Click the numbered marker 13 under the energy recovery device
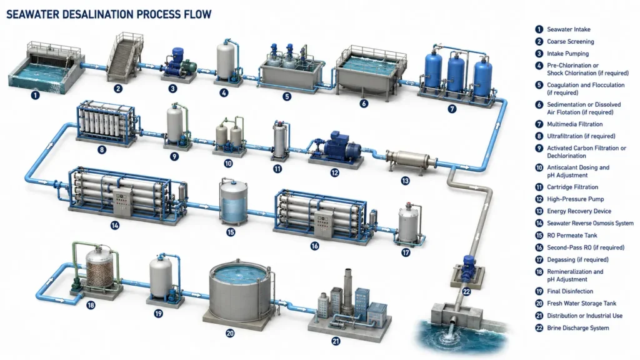[x=405, y=181]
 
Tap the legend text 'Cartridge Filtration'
[x=572, y=187]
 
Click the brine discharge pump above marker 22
[x=467, y=269]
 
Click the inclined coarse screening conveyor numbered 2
[x=125, y=57]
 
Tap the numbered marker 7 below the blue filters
[x=451, y=109]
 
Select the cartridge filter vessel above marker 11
[x=280, y=140]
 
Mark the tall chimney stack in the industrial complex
[x=347, y=291]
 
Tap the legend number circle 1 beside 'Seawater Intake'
[x=539, y=29]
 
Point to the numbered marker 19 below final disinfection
[x=158, y=314]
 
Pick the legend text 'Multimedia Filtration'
[x=575, y=124]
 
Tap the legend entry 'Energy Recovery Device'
[x=579, y=211]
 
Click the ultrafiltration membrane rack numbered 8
[x=106, y=122]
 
